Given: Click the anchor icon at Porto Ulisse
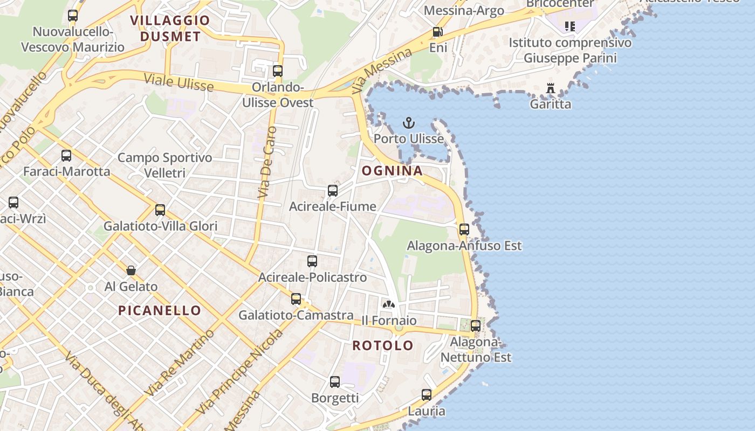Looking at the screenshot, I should [409, 123].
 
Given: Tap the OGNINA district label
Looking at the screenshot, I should [392, 171].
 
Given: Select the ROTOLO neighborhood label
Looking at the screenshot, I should [383, 345].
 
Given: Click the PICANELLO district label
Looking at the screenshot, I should [159, 310].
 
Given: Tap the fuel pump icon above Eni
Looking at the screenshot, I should [437, 32].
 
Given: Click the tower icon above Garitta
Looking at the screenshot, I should [551, 88].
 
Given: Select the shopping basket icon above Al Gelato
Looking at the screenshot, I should [131, 270].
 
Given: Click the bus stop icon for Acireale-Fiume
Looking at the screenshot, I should [333, 190].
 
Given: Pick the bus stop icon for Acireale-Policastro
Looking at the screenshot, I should [312, 261].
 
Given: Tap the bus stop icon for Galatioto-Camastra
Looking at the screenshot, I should [296, 299].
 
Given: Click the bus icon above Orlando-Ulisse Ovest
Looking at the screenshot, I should [278, 71].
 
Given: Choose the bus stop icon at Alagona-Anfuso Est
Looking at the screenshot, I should [464, 230].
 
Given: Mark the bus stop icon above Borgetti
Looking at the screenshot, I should [335, 382].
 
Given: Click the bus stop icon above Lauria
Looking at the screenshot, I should [427, 395].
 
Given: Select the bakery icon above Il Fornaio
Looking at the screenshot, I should [388, 304].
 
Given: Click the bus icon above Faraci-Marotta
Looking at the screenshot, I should [66, 156].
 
